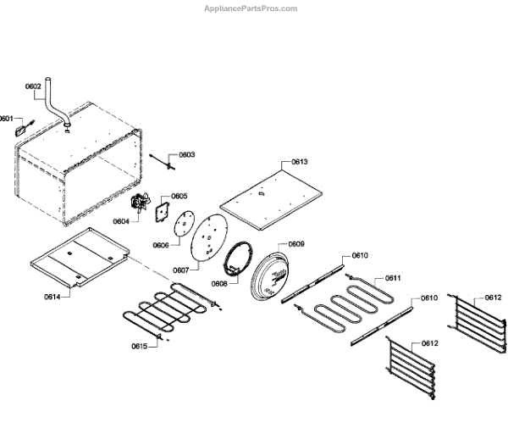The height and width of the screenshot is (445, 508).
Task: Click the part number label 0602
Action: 33,86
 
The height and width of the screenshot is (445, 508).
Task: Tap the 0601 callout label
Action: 7,119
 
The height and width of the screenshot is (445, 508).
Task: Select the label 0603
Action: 186,155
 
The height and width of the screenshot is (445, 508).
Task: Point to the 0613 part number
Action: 299,161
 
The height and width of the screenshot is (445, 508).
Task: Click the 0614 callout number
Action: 54,297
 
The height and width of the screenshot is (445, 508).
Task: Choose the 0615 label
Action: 139,346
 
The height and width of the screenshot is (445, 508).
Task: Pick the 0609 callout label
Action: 295,244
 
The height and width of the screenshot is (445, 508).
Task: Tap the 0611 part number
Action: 392,278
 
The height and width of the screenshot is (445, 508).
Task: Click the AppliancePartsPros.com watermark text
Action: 251,8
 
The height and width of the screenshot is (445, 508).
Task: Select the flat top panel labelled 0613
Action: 269,197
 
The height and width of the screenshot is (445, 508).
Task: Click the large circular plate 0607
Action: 207,237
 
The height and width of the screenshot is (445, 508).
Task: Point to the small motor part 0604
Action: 136,203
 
